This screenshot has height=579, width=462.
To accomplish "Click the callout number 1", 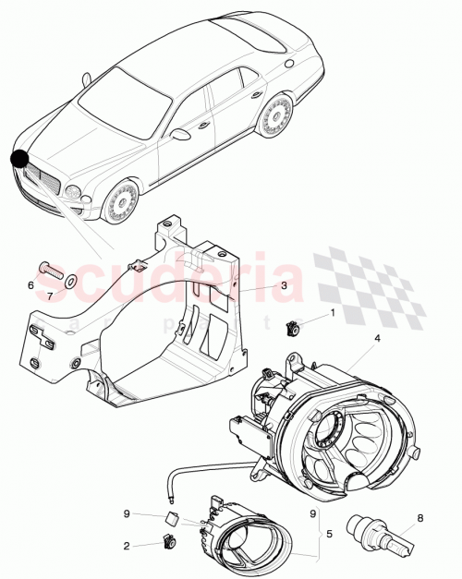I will [334, 315].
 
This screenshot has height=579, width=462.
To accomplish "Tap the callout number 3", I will [286, 286].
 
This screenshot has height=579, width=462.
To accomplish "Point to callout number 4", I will [377, 339].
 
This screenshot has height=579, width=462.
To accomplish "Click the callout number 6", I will [30, 285].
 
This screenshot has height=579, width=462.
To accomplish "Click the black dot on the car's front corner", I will [19, 159].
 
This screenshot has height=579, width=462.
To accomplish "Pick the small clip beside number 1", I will [297, 324].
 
